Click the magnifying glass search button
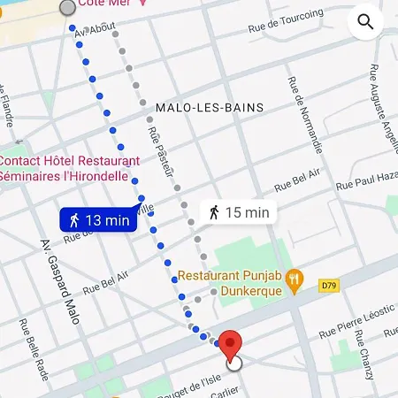click(365, 22)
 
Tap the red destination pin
click(231, 343)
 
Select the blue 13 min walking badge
click(98, 220)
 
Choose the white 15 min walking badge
click(238, 211)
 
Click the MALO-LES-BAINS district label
click(210, 108)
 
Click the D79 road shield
click(329, 285)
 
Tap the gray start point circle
click(67, 8)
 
